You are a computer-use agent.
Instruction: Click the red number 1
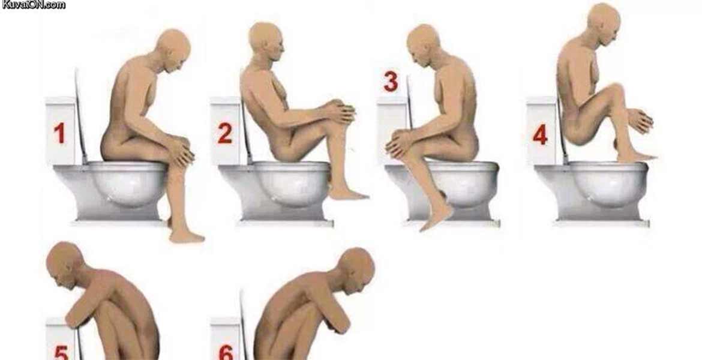[59, 133]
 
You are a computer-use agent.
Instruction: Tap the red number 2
[225, 133]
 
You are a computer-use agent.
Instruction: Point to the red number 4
[540, 134]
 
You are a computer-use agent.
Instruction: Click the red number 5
[61, 353]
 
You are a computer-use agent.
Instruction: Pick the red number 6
[226, 353]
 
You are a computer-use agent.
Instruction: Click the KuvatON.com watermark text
[34, 5]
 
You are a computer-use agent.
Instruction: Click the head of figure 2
[266, 40]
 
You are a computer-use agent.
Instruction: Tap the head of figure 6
[356, 271]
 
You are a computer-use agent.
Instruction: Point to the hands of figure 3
[400, 144]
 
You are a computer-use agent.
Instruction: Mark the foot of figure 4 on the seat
[636, 157]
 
